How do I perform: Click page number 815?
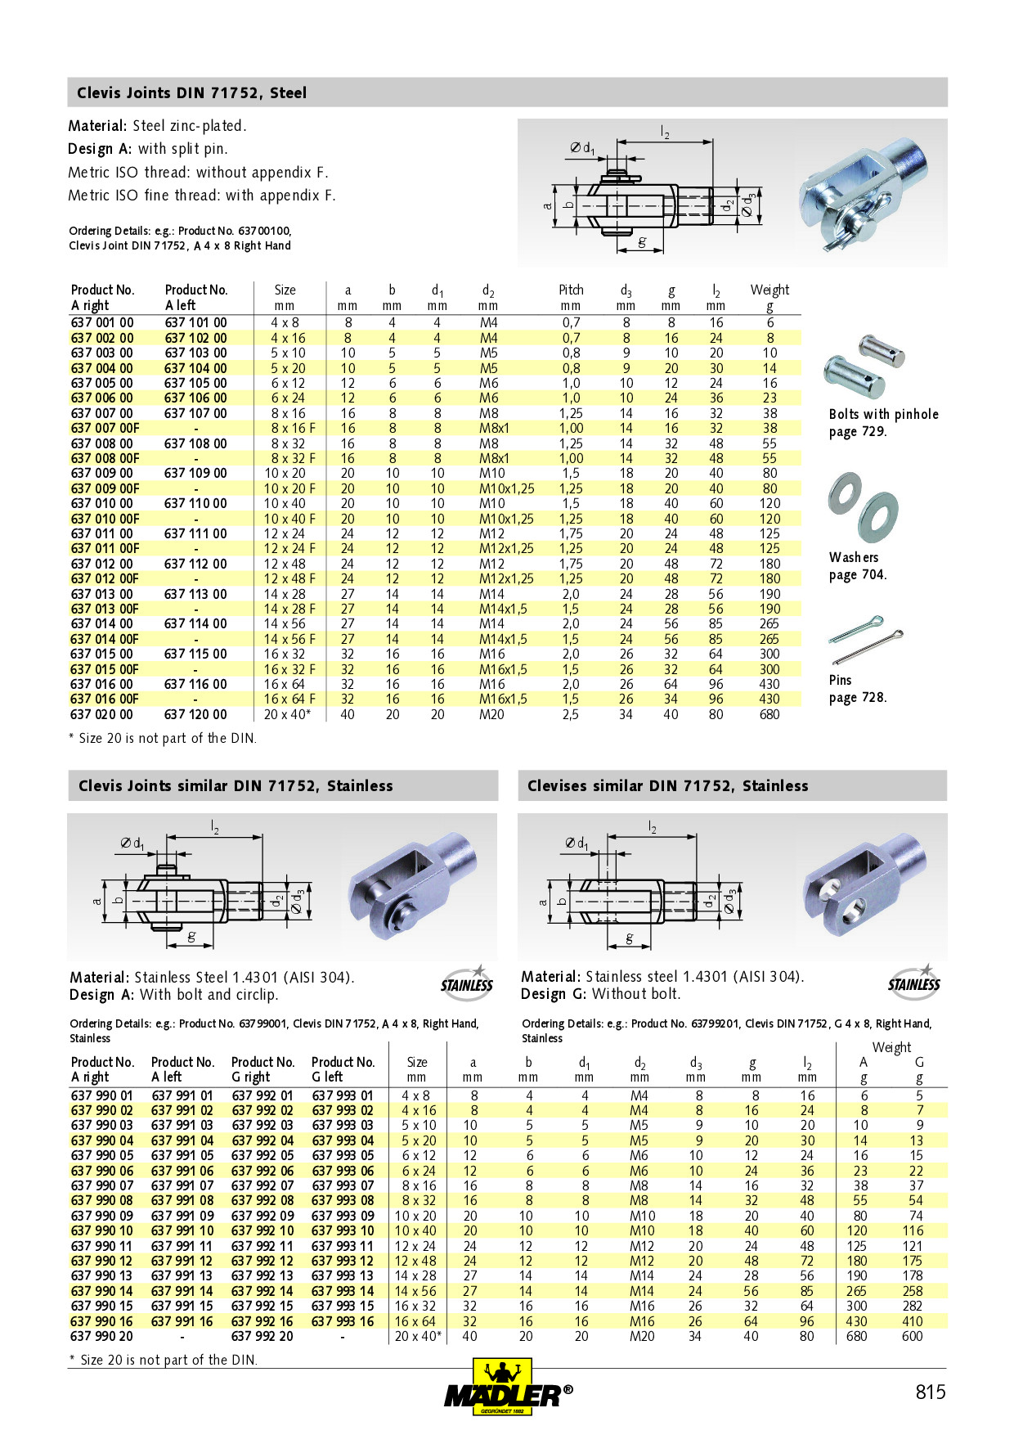pyautogui.click(x=930, y=1392)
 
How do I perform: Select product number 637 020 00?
pyautogui.click(x=102, y=714)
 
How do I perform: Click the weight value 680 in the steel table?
pyautogui.click(x=769, y=714)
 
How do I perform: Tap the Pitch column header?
pyautogui.click(x=571, y=290)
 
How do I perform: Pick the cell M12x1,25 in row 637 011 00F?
pyautogui.click(x=506, y=549)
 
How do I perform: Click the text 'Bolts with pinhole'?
pyautogui.click(x=883, y=414)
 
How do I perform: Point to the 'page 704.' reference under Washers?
pyautogui.click(x=857, y=575)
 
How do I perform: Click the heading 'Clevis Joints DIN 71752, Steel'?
pyautogui.click(x=192, y=93)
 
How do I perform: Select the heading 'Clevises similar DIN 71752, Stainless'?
pyautogui.click(x=667, y=786)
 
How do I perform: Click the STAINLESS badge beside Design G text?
pyautogui.click(x=914, y=982)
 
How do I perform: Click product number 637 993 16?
pyautogui.click(x=343, y=1321)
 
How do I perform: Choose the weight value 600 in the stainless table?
pyautogui.click(x=912, y=1337)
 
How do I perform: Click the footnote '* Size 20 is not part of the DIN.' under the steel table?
pyautogui.click(x=163, y=739)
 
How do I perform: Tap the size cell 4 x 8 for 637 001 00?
pyautogui.click(x=285, y=323)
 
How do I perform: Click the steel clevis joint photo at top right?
pyautogui.click(x=864, y=194)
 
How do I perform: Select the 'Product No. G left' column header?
pyautogui.click(x=343, y=1069)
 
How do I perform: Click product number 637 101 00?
pyautogui.click(x=196, y=323)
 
